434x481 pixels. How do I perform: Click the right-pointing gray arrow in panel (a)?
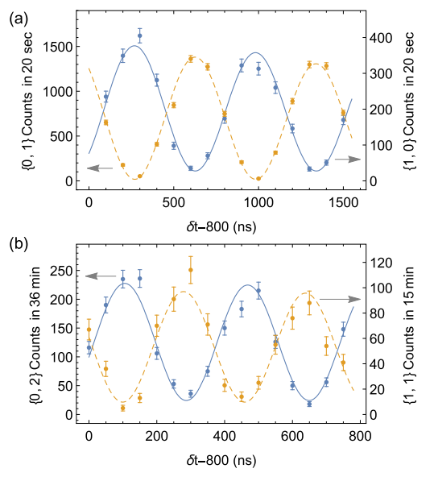347,160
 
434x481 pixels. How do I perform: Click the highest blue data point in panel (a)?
140,36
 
